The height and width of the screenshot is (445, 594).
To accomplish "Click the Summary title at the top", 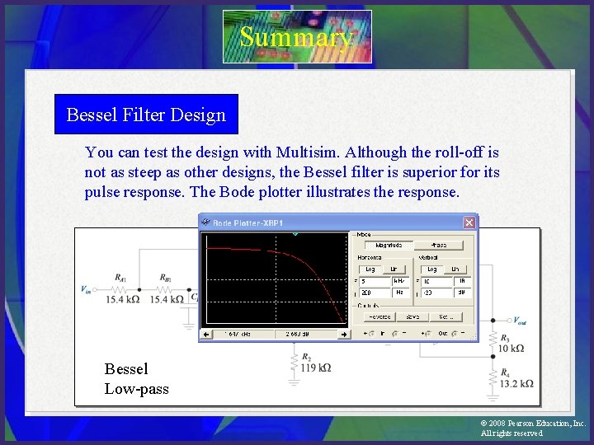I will (296, 37).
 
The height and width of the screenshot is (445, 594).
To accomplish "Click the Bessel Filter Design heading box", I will (146, 115).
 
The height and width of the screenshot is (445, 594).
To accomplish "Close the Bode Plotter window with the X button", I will (469, 222).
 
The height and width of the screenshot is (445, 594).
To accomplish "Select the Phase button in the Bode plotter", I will (439, 245).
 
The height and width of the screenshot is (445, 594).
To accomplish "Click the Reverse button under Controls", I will (379, 316).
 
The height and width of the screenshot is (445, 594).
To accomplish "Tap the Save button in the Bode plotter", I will (412, 316).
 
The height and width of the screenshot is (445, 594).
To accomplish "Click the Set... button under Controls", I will (445, 316).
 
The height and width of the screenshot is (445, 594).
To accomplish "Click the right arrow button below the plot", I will (344, 335).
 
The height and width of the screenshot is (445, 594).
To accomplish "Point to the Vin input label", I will (86, 289).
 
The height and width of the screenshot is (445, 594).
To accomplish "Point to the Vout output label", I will (523, 321).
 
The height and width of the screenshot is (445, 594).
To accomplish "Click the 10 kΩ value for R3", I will (511, 349).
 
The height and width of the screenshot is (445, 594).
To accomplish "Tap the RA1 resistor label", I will (121, 278).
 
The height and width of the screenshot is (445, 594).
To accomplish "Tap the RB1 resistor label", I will (166, 278).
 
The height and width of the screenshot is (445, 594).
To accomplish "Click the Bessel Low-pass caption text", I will (136, 379).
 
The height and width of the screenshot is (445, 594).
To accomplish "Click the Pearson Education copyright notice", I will (532, 428).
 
